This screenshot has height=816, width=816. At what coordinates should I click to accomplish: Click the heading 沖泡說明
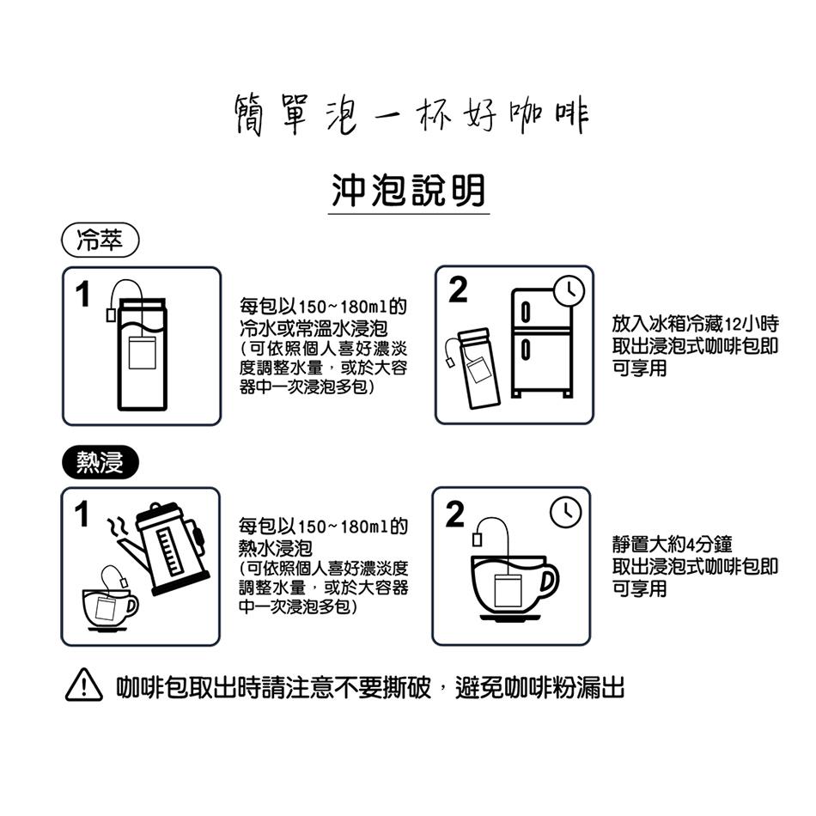point(408,190)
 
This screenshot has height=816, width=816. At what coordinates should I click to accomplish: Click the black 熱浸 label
point(100,463)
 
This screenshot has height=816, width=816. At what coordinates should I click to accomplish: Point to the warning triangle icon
point(81,689)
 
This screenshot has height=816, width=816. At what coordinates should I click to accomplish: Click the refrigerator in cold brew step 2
point(541,343)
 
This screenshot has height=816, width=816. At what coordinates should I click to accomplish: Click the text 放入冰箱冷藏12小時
point(695,325)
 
